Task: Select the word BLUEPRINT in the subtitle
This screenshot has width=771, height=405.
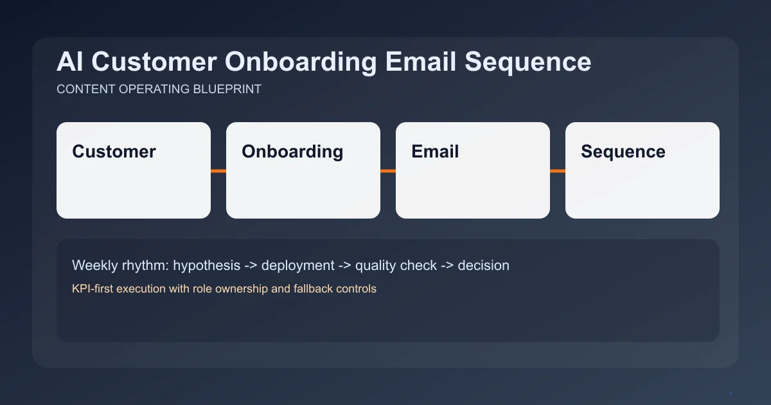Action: pos(227,89)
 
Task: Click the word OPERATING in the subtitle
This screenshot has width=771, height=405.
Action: pos(154,89)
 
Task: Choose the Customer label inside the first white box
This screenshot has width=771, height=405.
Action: pos(114,152)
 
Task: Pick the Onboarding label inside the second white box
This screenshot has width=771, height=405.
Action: pos(292,152)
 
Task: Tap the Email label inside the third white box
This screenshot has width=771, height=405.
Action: pos(435,152)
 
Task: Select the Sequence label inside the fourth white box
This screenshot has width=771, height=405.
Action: pos(623,152)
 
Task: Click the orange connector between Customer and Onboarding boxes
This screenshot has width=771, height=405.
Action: pos(218,171)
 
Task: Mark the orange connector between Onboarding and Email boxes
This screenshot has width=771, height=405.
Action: pos(388,171)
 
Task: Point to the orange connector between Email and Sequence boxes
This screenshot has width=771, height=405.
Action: pos(558,171)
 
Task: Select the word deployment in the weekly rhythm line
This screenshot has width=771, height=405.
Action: pos(297,265)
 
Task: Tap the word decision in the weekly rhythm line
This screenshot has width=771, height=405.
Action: pos(483,265)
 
